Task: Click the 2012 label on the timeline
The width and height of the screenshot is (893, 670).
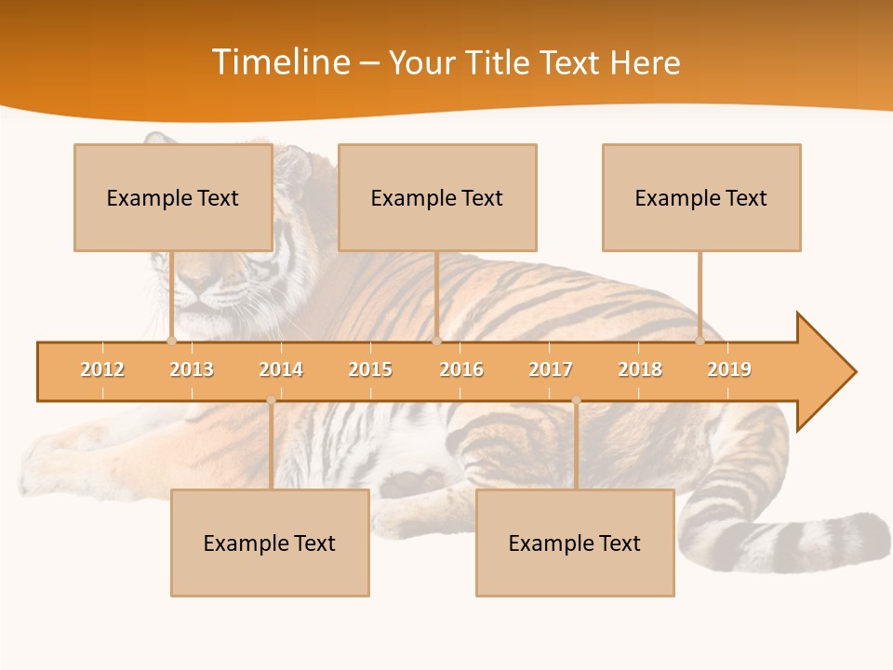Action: coord(102,370)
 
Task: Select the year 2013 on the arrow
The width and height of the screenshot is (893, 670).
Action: coord(192,370)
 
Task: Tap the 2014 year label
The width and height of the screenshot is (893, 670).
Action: coord(281,370)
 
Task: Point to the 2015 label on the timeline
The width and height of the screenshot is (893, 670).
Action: coord(370,370)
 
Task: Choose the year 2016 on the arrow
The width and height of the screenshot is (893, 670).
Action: coord(461,370)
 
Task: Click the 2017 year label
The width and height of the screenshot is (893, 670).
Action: coord(551,370)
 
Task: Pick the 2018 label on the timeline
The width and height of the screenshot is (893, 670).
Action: coord(640,370)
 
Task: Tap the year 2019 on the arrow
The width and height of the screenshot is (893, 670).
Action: coord(729,370)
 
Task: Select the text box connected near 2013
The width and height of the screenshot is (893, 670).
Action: coord(173,197)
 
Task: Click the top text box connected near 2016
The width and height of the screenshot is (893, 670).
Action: coord(437,197)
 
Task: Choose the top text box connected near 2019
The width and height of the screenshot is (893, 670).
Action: coord(701,197)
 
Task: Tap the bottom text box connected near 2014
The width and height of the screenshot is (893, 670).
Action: coord(270,543)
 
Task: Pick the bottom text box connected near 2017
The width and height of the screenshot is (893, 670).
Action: coord(575,543)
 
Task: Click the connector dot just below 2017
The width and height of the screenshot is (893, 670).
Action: coord(576,400)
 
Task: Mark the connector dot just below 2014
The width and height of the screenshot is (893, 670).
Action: coord(271,400)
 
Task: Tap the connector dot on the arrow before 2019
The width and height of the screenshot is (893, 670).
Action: coord(700,342)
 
